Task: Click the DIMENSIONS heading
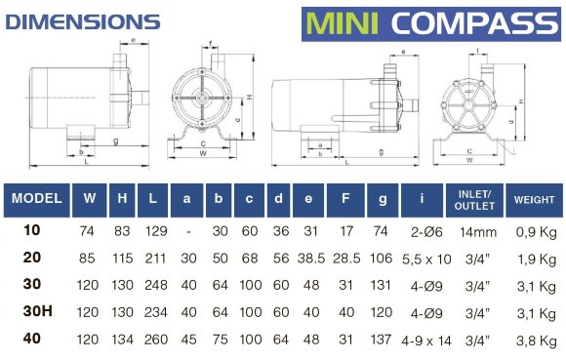tap(83, 22)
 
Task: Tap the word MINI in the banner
tap(342, 23)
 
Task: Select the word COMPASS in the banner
tap(474, 23)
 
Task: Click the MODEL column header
tap(36, 198)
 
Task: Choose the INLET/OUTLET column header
tap(474, 200)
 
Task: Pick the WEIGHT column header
tap(534, 200)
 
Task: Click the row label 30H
tap(37, 311)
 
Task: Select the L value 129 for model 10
tap(156, 231)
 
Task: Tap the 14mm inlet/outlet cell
tap(478, 231)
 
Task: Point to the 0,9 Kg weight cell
tap(536, 232)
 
